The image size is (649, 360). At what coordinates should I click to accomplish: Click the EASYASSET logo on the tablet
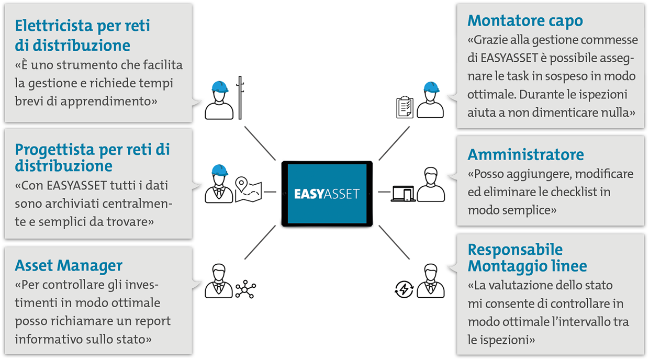coord(327,194)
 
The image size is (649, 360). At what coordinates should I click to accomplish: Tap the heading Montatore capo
coord(525,21)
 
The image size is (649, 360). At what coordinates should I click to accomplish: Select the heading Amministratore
coord(525,154)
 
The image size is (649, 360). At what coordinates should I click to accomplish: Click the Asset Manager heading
coord(69,266)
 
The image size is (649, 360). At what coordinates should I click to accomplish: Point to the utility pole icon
coord(240,98)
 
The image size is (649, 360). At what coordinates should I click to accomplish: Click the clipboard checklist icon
coord(405,107)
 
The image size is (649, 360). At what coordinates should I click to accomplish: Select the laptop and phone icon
coord(403,194)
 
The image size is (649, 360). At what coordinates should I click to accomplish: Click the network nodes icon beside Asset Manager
coord(245,289)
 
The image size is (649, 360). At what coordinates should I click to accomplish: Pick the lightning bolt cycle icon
coord(404,289)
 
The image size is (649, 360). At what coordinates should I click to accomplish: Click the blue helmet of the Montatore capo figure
coord(431,87)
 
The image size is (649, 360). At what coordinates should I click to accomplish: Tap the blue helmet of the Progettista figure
coord(219,170)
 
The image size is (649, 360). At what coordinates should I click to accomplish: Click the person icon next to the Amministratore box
coord(431,185)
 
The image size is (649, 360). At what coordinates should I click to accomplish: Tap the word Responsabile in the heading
coord(515,250)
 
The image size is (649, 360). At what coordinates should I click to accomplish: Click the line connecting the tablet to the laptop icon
coord(384,192)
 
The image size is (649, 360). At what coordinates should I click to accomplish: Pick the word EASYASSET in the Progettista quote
coord(77,185)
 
